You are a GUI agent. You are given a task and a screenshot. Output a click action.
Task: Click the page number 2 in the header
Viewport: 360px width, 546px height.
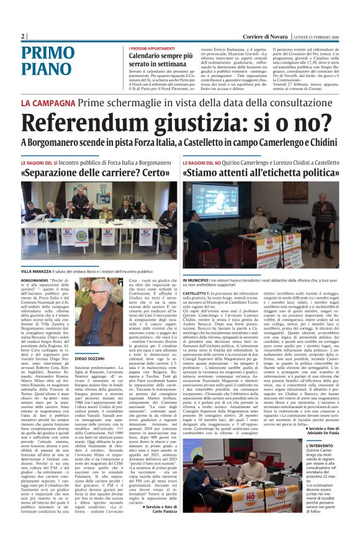[x=23, y=36]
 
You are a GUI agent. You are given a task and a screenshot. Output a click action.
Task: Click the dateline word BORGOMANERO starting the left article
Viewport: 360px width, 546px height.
[x=37, y=281]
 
